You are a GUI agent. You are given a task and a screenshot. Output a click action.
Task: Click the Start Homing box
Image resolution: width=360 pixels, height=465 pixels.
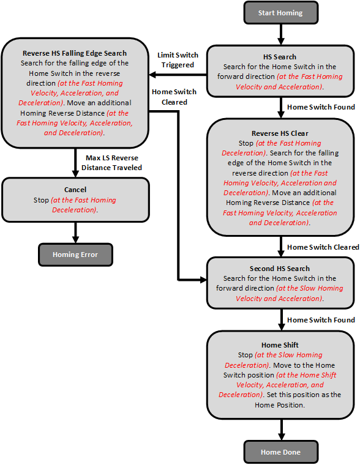[x=280, y=13]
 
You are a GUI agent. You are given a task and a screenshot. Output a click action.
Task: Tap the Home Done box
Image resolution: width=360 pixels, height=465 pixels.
[x=280, y=452]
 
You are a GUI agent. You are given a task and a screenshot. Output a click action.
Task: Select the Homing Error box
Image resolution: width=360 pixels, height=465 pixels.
[x=75, y=255]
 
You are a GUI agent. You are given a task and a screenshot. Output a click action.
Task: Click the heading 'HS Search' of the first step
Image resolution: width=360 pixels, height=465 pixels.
[x=280, y=56]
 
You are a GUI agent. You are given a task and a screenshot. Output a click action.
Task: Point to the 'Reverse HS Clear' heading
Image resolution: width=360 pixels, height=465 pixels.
[x=280, y=133]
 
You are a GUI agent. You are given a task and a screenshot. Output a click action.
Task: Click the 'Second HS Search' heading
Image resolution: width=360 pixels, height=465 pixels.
[x=280, y=269]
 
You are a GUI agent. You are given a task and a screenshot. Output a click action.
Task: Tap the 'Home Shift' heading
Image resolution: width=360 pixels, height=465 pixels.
[x=280, y=345]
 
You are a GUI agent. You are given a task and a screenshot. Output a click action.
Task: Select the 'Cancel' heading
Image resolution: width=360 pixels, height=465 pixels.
[x=75, y=190]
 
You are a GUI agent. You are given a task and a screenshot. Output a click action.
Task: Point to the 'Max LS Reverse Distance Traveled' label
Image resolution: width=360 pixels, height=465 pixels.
[x=114, y=163]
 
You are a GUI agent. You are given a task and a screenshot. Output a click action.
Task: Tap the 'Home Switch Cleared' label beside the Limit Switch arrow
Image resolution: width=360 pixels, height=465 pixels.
[x=174, y=97]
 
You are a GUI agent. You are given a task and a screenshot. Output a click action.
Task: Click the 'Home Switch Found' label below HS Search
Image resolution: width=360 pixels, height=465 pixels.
[x=321, y=107]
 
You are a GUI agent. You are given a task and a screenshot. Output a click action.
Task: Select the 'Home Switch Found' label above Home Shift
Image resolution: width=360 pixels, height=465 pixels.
[x=321, y=320]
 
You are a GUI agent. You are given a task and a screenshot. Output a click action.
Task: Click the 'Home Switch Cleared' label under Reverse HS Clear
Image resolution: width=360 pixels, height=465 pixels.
[x=323, y=247]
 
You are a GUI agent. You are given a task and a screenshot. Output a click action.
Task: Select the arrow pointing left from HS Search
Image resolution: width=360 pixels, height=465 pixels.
[x=178, y=76]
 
